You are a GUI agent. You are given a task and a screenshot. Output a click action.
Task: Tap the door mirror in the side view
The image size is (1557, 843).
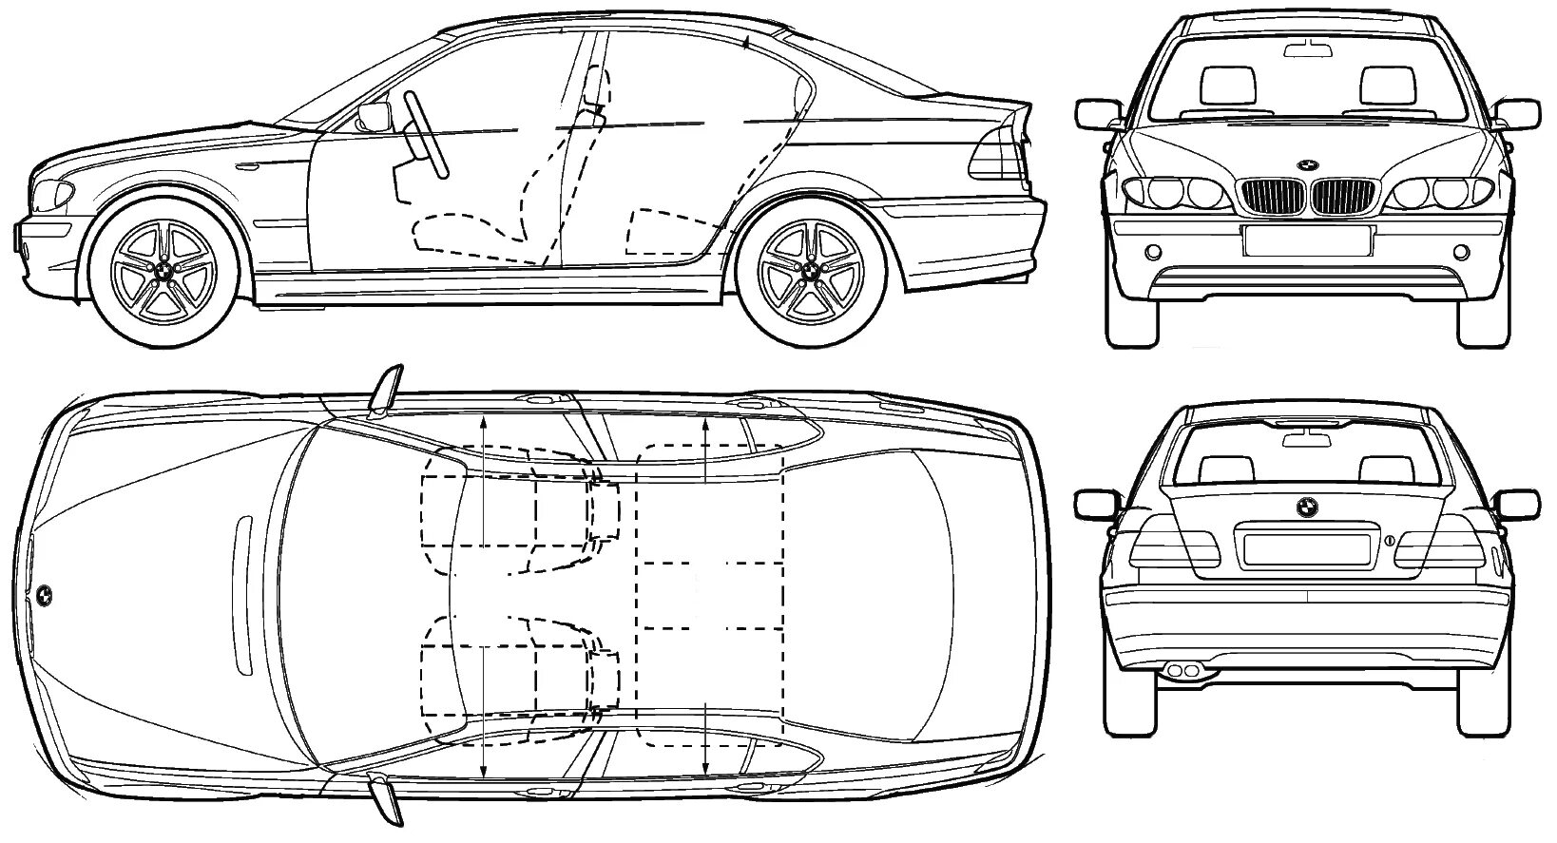374,117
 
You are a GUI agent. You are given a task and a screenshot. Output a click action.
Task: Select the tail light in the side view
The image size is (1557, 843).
996,154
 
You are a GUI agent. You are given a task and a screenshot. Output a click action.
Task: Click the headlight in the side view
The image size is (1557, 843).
52,197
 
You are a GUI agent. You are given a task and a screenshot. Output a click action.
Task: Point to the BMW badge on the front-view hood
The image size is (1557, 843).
1308,164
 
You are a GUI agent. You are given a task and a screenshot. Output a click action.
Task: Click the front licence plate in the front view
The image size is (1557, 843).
1307,239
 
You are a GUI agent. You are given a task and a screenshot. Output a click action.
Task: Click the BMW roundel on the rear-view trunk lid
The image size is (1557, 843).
1308,508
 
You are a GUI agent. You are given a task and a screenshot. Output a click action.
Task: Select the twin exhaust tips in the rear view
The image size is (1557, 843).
1182,671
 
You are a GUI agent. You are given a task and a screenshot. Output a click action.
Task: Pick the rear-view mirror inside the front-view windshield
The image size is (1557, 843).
1308,49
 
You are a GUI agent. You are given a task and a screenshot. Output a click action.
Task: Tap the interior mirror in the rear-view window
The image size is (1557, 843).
1308,437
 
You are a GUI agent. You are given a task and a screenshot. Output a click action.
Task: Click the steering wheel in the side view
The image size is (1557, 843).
428,133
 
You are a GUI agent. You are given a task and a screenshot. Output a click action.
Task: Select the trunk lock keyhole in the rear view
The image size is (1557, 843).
1389,541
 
